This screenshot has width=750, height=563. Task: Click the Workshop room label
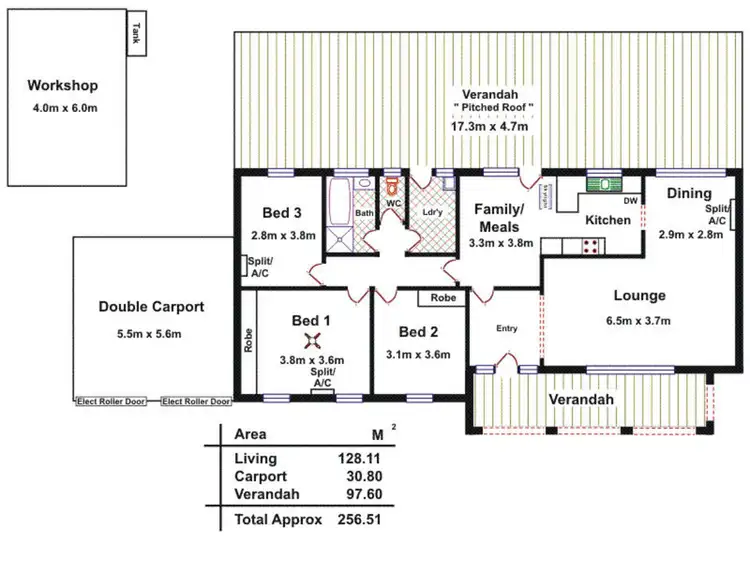coord(62,85)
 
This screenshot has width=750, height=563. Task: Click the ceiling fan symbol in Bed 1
coord(313,341)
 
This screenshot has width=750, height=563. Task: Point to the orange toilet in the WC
coord(394,186)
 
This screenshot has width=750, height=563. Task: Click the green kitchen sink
coord(603,183)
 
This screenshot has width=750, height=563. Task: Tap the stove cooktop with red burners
coord(591,245)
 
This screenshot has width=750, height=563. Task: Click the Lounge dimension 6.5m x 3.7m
coord(639,321)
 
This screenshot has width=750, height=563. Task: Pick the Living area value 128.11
coord(359,459)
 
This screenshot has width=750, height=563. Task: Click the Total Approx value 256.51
coord(359,520)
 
